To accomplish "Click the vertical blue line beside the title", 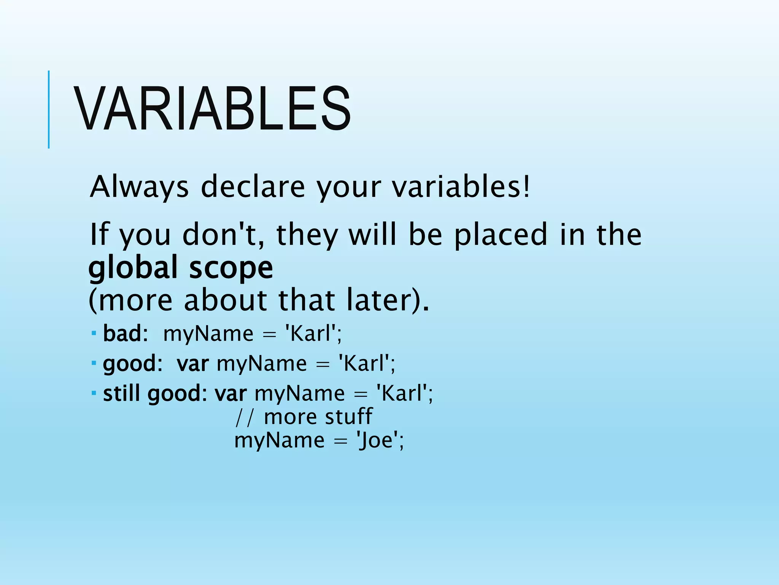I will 49,109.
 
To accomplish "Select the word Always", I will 139,187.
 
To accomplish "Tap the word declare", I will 253,187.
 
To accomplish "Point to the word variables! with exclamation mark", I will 461,187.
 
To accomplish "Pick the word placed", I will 501,235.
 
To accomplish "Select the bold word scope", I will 231,268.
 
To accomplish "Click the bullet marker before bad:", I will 94,333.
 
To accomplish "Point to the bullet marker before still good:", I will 94,392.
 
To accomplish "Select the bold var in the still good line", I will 231,394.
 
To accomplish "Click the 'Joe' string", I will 377,440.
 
